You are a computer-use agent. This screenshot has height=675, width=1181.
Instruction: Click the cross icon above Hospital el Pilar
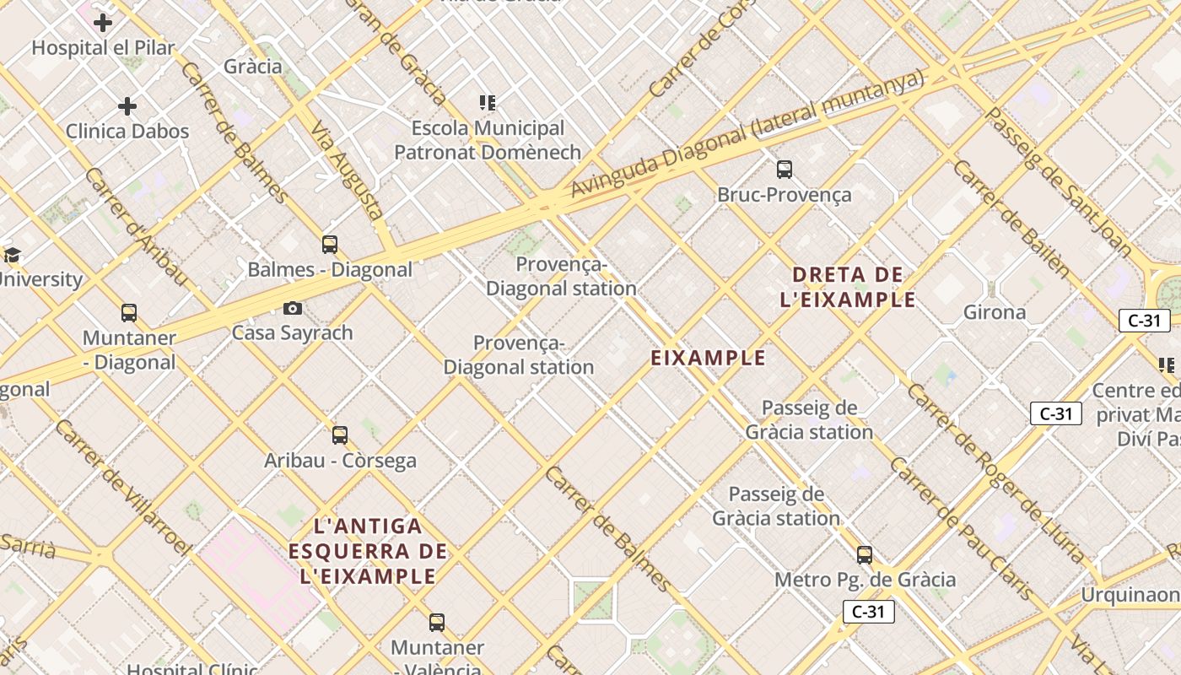pyautogui.click(x=103, y=23)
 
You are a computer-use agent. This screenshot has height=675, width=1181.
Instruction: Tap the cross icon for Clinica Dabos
pyautogui.click(x=127, y=106)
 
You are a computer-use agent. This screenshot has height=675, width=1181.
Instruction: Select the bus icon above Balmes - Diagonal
pyautogui.click(x=330, y=245)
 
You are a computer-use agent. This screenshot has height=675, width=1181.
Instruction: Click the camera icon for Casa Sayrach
pyautogui.click(x=293, y=308)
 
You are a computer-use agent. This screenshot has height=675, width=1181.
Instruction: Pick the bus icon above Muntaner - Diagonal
pyautogui.click(x=129, y=313)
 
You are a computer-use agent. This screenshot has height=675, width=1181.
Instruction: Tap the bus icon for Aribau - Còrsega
pyautogui.click(x=340, y=435)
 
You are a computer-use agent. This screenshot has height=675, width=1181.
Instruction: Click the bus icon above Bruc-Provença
pyautogui.click(x=785, y=170)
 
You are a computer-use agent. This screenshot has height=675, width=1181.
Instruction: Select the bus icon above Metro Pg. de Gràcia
pyautogui.click(x=865, y=555)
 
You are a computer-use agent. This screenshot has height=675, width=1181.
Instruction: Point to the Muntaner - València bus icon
pyautogui.click(x=436, y=623)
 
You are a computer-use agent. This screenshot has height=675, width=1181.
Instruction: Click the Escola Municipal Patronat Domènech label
pyautogui.click(x=488, y=140)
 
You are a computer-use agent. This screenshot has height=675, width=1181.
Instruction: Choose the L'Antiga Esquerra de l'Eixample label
pyautogui.click(x=368, y=551)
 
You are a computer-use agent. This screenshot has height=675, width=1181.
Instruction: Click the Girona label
pyautogui.click(x=995, y=312)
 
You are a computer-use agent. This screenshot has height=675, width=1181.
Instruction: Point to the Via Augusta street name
pyautogui.click(x=347, y=171)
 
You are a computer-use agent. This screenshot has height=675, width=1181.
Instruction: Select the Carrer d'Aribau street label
pyautogui.click(x=136, y=225)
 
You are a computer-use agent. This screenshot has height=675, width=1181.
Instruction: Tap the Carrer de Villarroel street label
pyautogui.click(x=122, y=487)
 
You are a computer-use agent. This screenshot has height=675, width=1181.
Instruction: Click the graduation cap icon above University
pyautogui.click(x=11, y=256)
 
